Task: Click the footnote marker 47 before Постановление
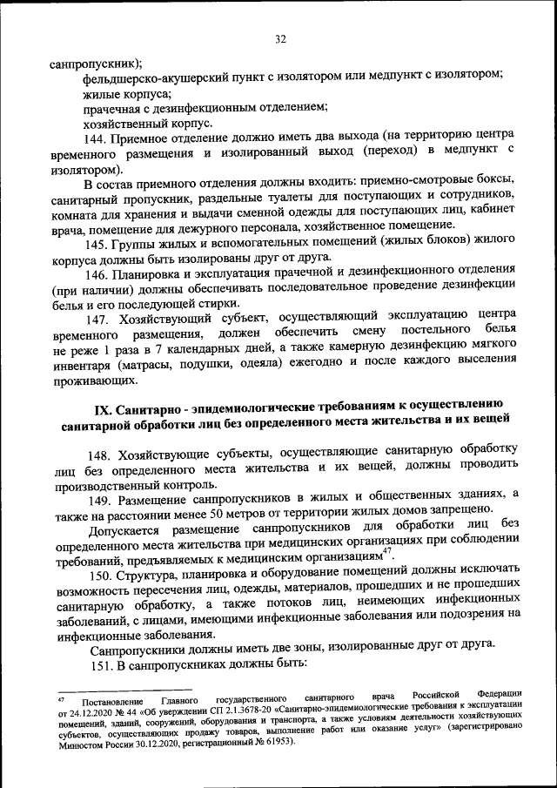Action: pyautogui.click(x=61, y=697)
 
